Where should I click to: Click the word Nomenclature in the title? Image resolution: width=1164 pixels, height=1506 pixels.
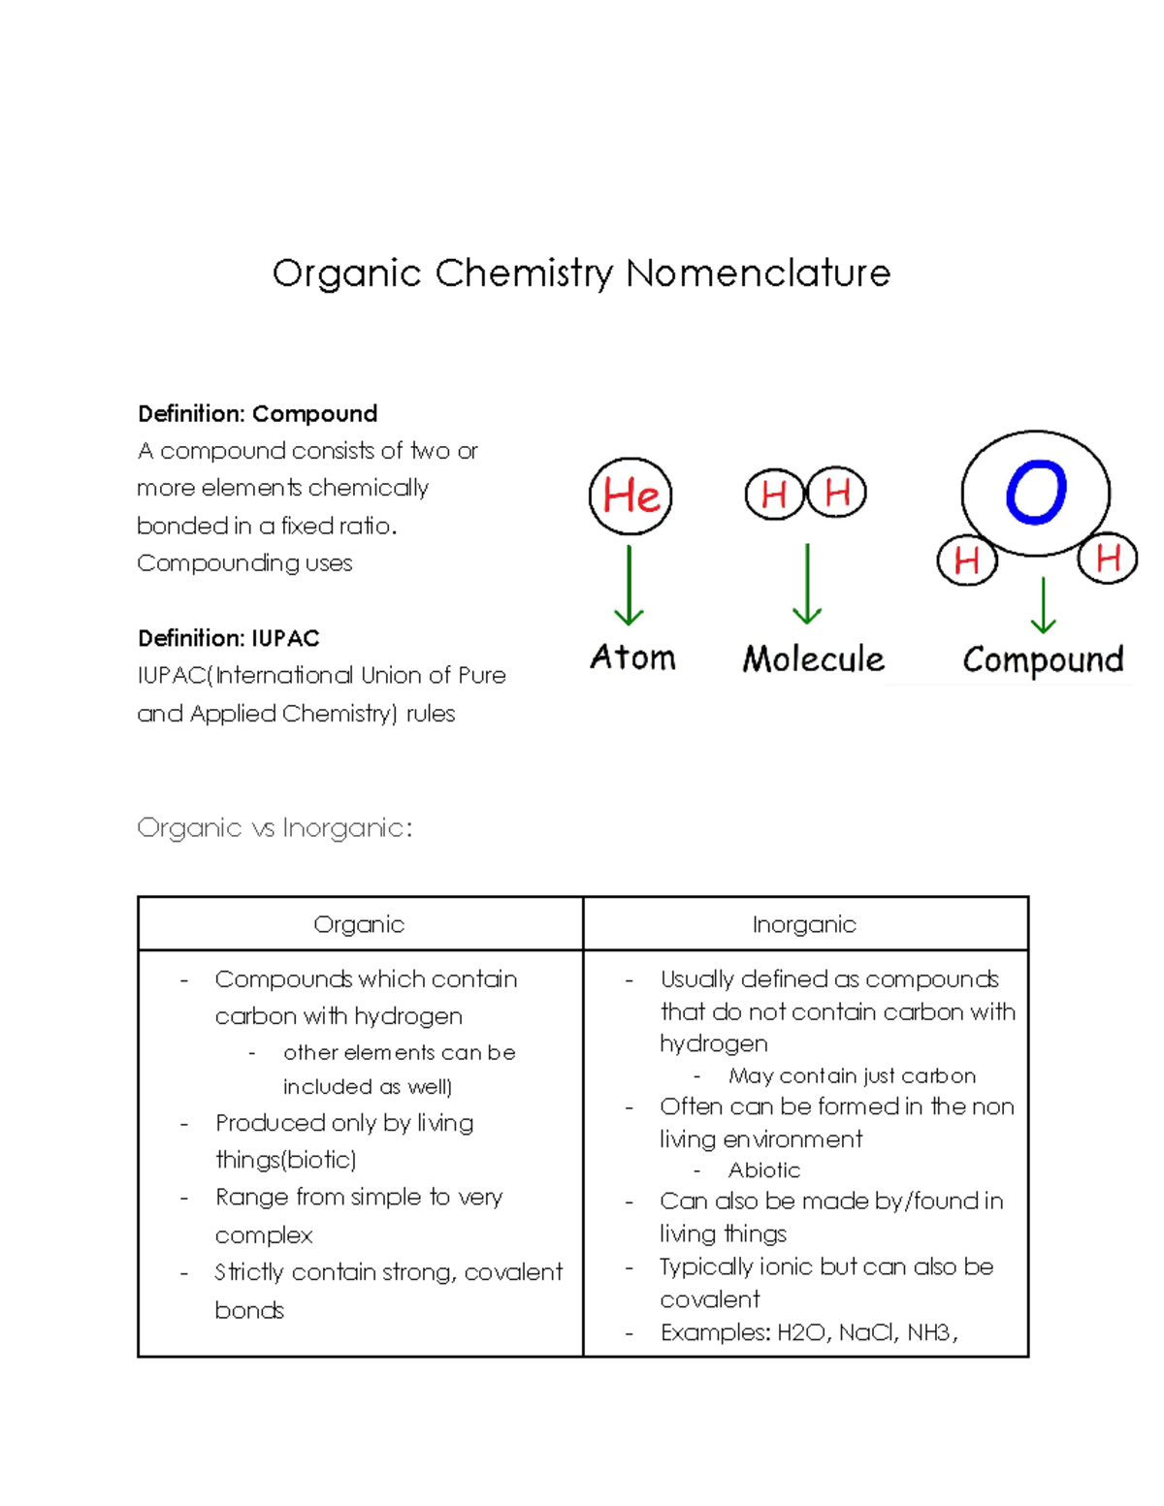(758, 273)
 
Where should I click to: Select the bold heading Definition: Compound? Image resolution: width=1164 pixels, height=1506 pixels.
(257, 414)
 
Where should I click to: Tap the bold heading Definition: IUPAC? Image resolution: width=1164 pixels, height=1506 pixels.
(228, 638)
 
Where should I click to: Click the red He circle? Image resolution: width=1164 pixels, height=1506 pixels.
(630, 496)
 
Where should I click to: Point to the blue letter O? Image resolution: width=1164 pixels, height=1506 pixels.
(1036, 493)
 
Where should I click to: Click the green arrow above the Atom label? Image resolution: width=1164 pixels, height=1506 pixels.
(630, 586)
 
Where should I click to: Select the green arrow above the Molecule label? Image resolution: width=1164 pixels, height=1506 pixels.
(807, 584)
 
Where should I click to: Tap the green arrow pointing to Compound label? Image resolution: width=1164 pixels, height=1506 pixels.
(1043, 605)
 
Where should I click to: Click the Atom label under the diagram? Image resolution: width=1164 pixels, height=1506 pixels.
(632, 657)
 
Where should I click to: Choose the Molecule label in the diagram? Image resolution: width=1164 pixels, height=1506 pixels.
(813, 659)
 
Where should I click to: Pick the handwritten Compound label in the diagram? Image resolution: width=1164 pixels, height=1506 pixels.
(1043, 659)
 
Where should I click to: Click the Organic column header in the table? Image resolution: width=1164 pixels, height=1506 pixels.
(359, 924)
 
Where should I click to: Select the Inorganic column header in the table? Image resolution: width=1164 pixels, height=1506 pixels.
(804, 924)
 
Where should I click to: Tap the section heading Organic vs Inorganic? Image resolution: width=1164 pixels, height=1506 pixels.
(275, 828)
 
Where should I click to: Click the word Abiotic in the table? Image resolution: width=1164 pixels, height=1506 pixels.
(764, 1170)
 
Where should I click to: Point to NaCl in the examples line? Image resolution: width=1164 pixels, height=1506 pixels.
(867, 1332)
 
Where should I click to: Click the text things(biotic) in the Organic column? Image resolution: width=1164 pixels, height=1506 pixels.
(286, 1160)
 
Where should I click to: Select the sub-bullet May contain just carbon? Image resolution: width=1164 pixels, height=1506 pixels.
(852, 1075)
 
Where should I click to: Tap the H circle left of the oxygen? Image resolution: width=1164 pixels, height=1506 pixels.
(966, 561)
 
